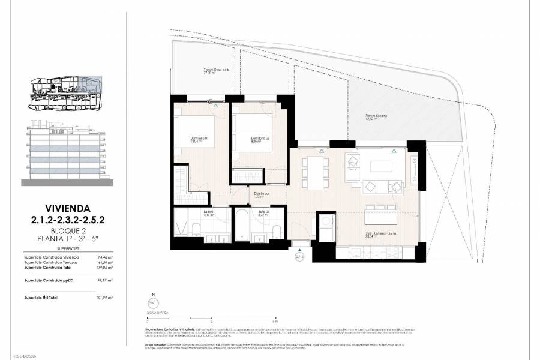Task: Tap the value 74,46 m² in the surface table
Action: [x=105, y=257]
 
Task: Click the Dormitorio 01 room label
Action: [x=199, y=140]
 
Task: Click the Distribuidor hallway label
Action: [x=261, y=194]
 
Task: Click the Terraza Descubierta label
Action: [x=217, y=71]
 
